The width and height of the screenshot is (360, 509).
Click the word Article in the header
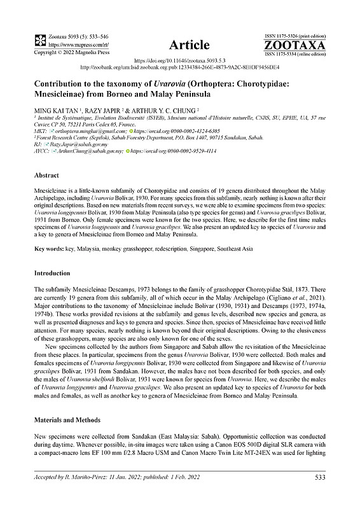(x=189, y=45)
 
